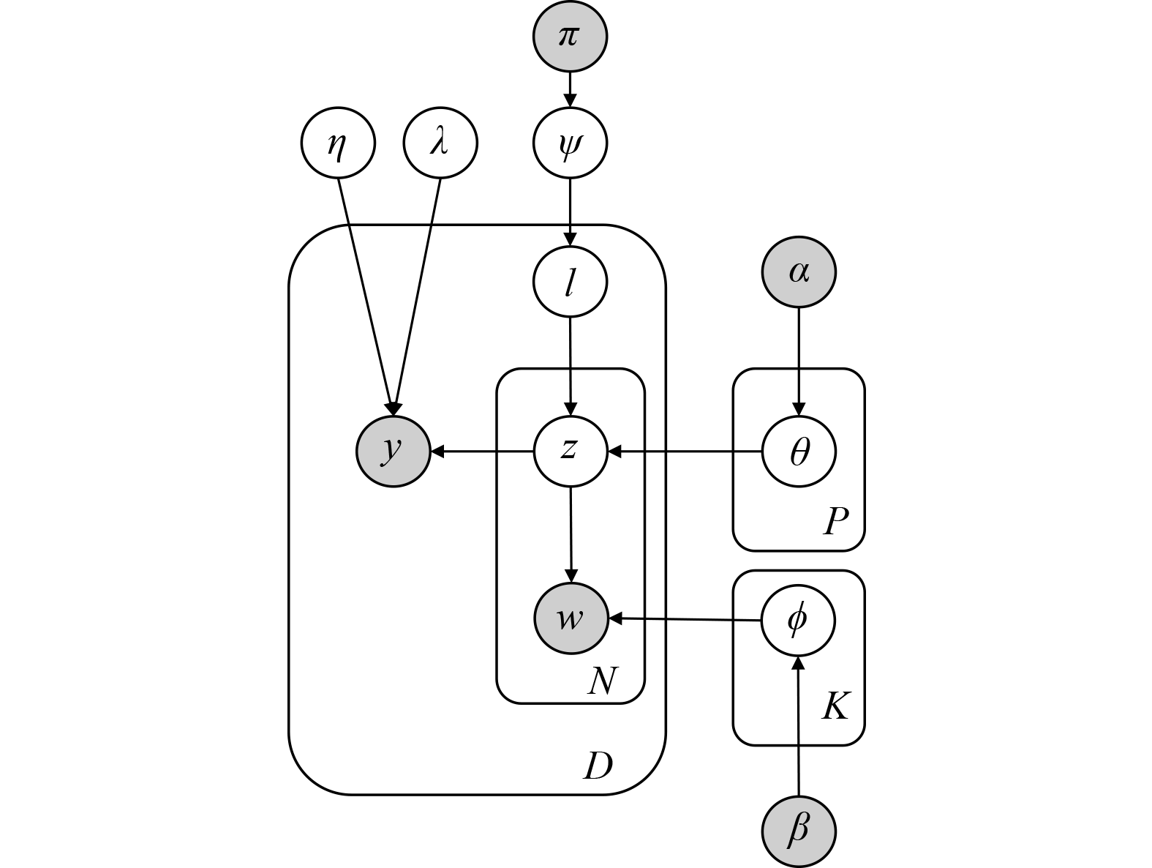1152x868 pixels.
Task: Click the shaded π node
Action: coord(570,36)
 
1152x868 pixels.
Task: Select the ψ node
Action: coord(570,143)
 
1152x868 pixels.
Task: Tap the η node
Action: coord(338,143)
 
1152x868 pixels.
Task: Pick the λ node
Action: coord(440,143)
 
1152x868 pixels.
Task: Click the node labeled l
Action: coord(570,282)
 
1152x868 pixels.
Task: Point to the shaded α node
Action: coord(799,272)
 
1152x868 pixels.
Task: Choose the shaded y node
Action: coord(394,452)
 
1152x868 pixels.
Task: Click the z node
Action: coord(571,452)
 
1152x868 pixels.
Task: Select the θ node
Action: coord(799,452)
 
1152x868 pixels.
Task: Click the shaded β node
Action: coord(799,831)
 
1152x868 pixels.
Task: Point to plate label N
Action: coord(602,681)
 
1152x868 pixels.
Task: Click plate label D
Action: coord(598,766)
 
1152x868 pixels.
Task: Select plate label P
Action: coord(835,522)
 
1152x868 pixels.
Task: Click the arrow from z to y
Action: coord(483,452)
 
